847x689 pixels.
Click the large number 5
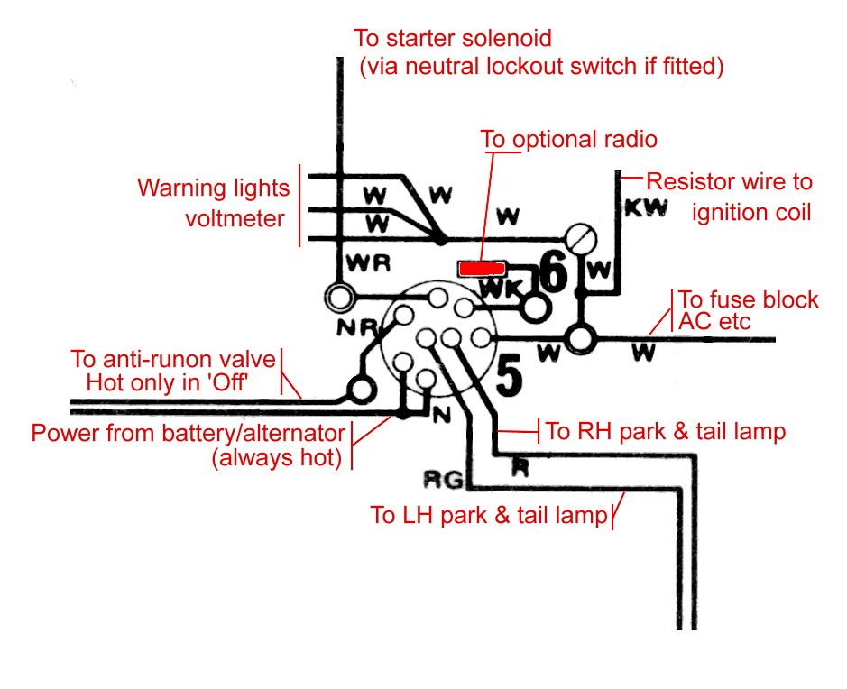click(x=510, y=376)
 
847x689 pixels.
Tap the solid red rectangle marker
click(x=481, y=268)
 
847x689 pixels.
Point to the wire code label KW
click(x=646, y=209)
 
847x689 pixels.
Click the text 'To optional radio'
click(x=568, y=140)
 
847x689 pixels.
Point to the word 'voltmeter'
click(x=237, y=218)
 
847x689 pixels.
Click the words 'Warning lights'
click(x=214, y=188)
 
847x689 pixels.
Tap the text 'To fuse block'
click(x=748, y=299)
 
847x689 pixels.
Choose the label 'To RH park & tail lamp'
click(x=666, y=431)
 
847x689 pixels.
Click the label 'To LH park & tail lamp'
click(x=491, y=516)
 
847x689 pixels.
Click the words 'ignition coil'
click(x=751, y=212)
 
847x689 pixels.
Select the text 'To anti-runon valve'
click(x=173, y=359)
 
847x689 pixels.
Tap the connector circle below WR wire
click(x=341, y=296)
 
